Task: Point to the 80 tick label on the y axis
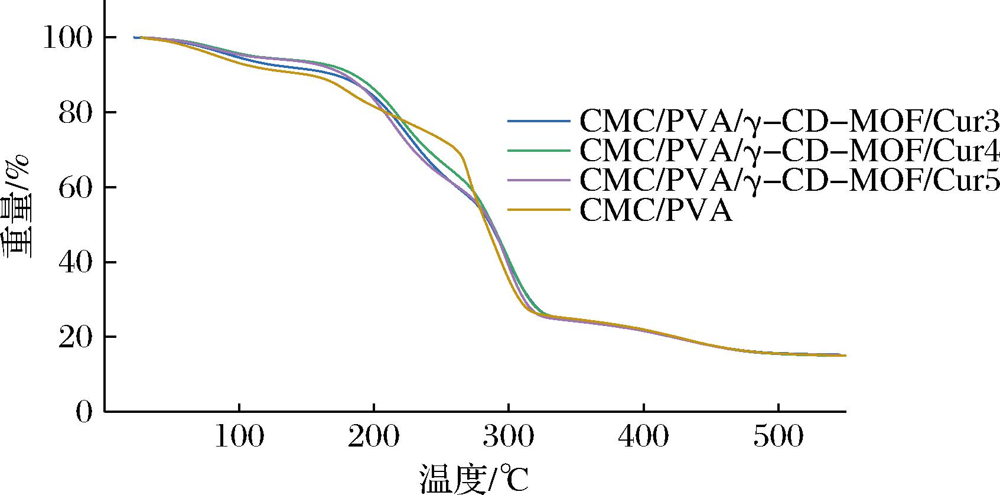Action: tap(75, 113)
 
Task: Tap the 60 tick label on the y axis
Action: tap(75, 187)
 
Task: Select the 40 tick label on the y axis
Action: tap(75, 262)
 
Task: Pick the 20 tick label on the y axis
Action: tap(75, 337)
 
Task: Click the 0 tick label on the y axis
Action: tap(84, 412)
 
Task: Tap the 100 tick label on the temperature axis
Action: tap(239, 438)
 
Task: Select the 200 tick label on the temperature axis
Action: tap(373, 438)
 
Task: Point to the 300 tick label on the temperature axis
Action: tap(508, 438)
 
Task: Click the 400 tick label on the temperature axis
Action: tap(643, 438)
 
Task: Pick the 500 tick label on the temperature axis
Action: tap(777, 438)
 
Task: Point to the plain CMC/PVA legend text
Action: tap(656, 210)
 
